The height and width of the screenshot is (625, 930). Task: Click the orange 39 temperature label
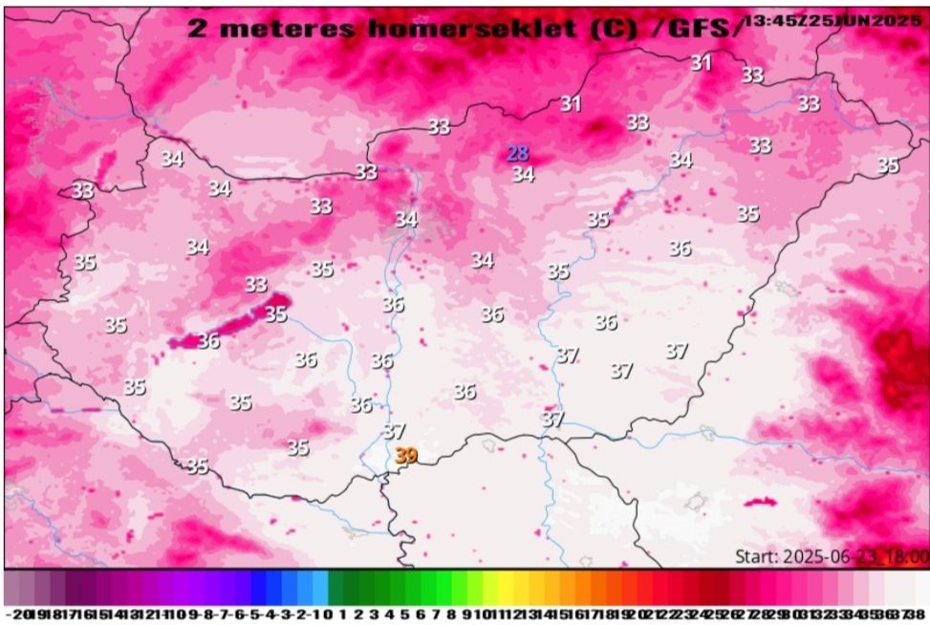point(406,457)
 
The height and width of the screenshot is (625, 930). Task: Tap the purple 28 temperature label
point(517,154)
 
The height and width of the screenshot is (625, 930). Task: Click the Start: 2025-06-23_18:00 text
point(831,556)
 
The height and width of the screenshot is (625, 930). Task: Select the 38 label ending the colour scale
point(919,613)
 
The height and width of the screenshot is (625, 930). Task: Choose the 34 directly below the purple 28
point(523,174)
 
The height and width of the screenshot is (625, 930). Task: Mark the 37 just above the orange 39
point(394,432)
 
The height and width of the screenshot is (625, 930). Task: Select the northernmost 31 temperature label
point(702,63)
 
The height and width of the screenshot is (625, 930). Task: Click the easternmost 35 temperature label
point(888,165)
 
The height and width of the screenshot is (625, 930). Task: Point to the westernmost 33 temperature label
point(83,190)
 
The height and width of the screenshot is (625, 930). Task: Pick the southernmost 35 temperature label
point(197,466)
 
